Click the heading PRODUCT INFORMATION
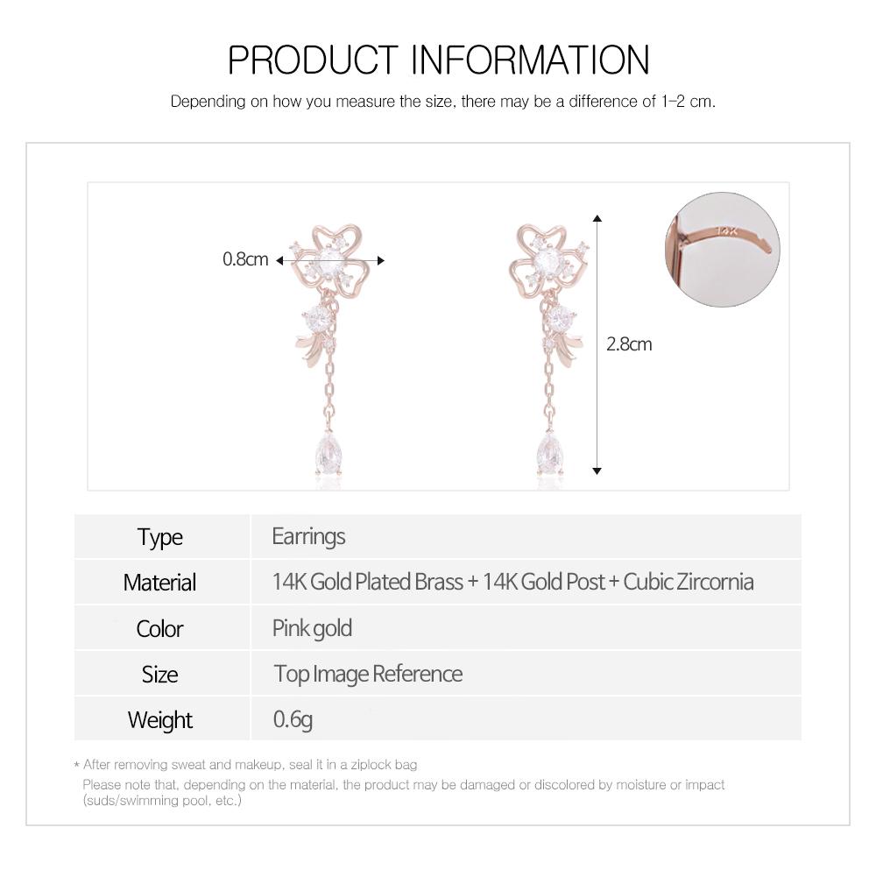[439, 60]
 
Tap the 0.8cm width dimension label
[245, 259]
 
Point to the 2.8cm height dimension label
[629, 344]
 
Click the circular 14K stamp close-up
[723, 249]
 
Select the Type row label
[159, 538]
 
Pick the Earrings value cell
[308, 537]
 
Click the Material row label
[159, 583]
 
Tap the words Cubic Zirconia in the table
[689, 583]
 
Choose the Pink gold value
[312, 628]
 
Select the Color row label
[159, 629]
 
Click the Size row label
[159, 675]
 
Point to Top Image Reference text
[368, 675]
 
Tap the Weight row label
[159, 720]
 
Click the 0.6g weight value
[293, 719]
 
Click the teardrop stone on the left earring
[328, 454]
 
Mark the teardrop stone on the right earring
[550, 454]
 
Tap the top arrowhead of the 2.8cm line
[597, 218]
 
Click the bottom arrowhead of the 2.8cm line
[597, 471]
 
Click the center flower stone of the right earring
[547, 260]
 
